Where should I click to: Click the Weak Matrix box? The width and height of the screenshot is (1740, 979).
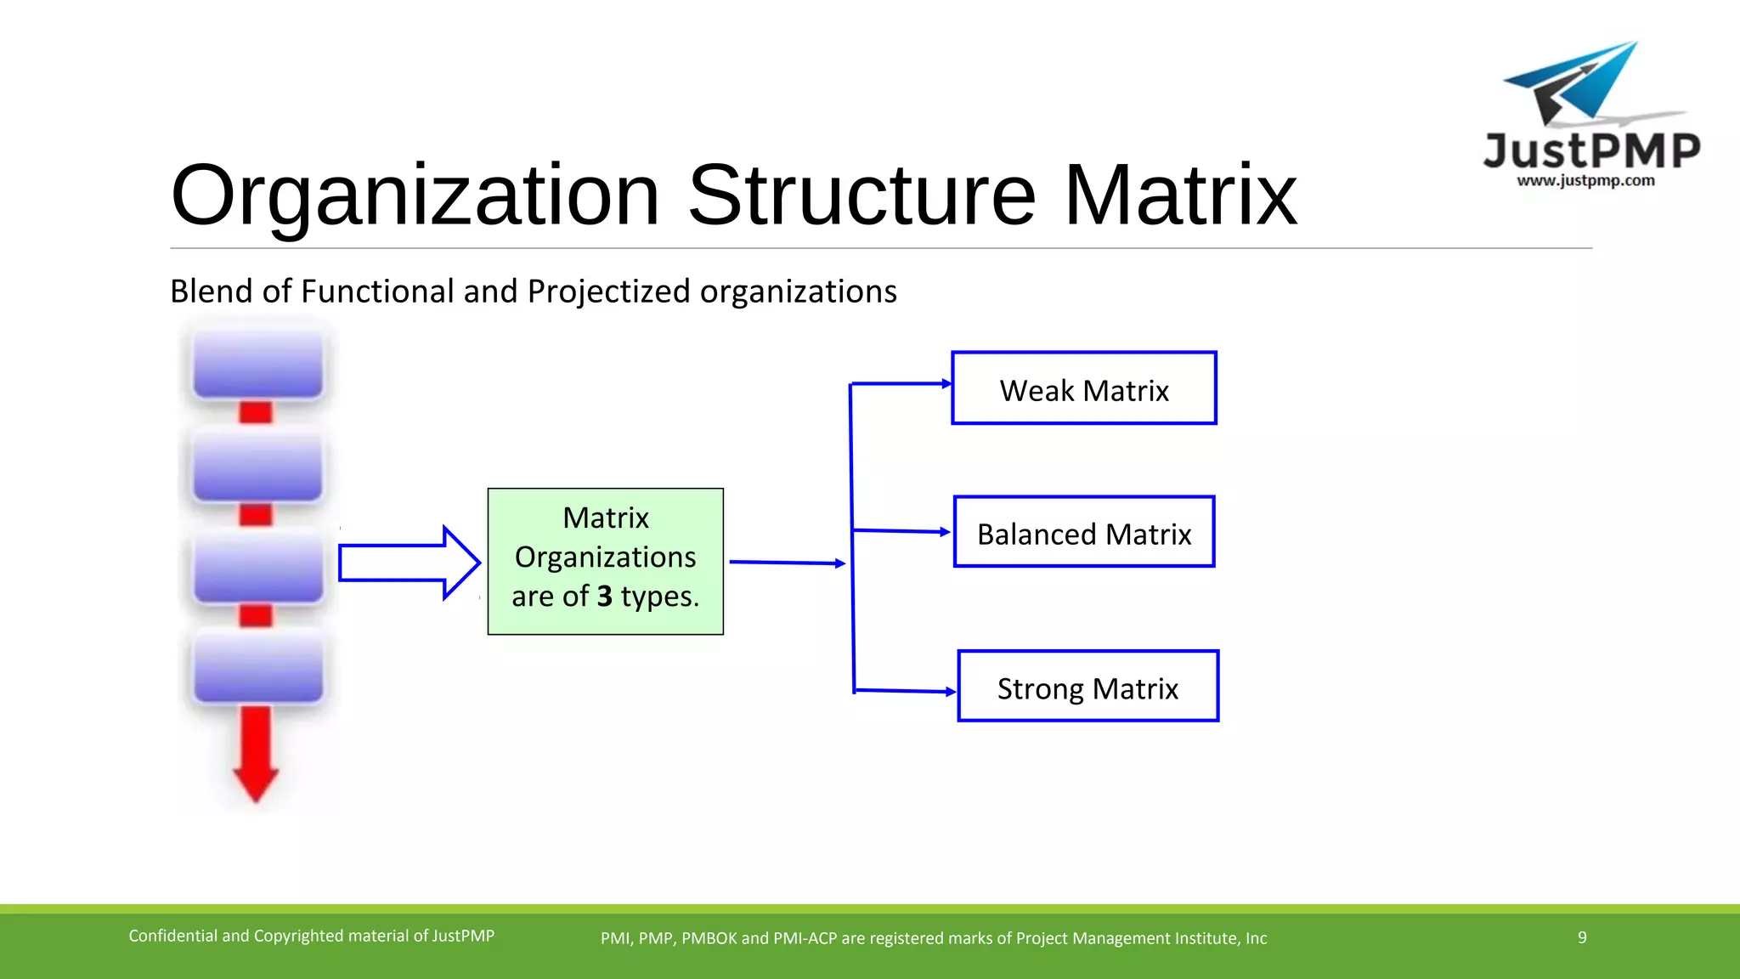coord(1083,388)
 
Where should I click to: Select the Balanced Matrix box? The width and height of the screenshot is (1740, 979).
coord(1083,532)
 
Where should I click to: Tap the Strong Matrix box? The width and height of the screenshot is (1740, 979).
coord(1087,687)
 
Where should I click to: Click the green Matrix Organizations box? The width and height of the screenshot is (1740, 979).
coord(605,561)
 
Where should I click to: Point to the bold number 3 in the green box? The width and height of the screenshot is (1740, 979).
coord(604,597)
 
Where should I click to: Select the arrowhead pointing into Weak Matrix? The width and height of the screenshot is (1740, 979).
coord(946,384)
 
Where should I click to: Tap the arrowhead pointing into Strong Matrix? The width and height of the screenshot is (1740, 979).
coord(951,692)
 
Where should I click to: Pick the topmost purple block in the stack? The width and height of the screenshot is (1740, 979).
coord(257,365)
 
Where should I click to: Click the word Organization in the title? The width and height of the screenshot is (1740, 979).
coord(415,197)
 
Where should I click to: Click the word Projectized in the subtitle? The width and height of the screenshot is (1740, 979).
coord(608,291)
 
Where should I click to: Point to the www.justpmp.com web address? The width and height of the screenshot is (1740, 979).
coord(1585,180)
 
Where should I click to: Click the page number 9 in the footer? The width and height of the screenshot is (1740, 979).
coord(1582,937)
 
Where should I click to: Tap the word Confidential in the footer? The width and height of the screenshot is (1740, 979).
coord(172,937)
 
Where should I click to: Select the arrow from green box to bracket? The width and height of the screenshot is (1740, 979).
coord(787,563)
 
